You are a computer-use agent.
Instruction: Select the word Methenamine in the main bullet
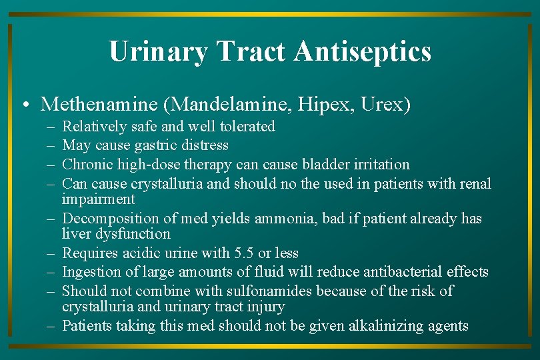[x=99, y=105]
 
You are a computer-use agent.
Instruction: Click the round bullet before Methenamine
[x=24, y=106]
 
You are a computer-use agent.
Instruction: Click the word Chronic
[x=86, y=164]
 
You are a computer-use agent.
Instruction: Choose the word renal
[x=475, y=183]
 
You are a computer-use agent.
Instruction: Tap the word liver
[x=74, y=234]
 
